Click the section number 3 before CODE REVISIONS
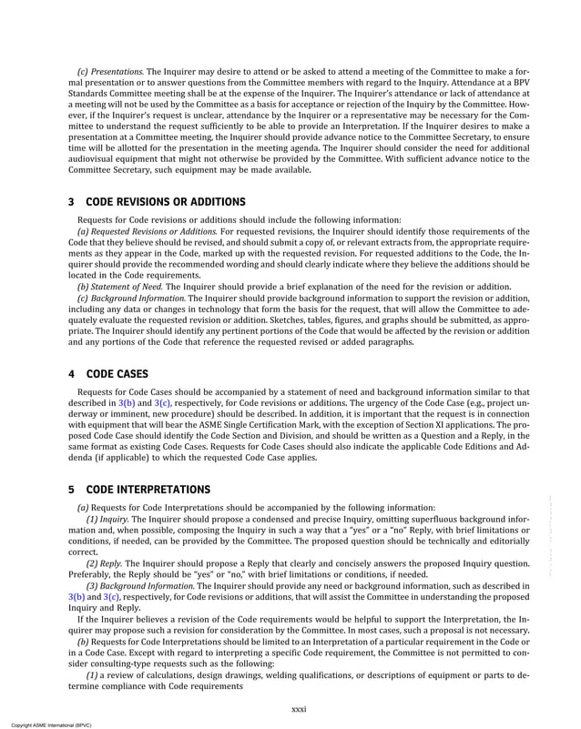pos(72,200)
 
